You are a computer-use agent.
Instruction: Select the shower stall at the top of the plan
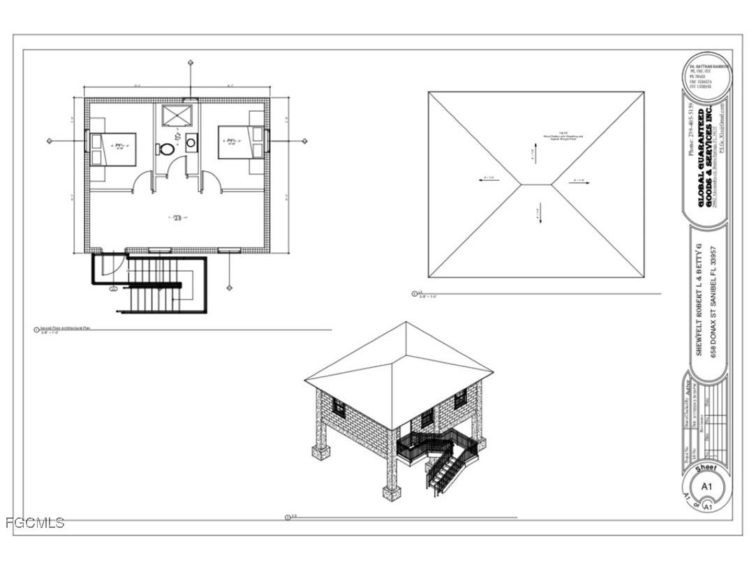[176, 115]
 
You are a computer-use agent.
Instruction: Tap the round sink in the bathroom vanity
[191, 142]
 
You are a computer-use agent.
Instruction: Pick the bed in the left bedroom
[112, 148]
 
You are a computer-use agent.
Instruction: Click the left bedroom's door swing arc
[143, 181]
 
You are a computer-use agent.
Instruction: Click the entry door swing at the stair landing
[114, 265]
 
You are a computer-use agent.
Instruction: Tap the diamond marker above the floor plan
[191, 63]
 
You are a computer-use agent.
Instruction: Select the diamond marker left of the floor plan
[50, 141]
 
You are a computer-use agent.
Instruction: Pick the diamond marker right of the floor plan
[304, 141]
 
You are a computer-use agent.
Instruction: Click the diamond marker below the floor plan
[229, 287]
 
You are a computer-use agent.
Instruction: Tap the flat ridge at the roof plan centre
[536, 184]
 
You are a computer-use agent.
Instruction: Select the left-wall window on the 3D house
[339, 407]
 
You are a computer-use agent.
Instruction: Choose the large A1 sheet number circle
[706, 486]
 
